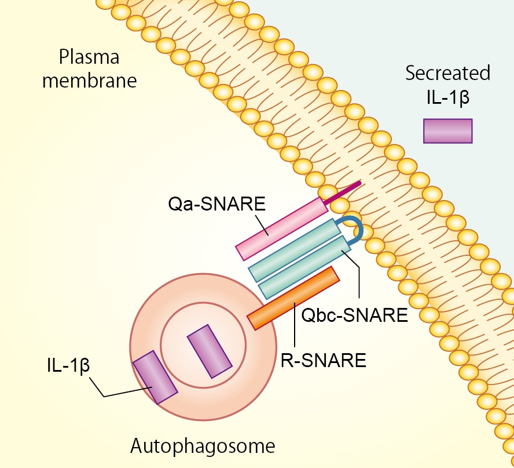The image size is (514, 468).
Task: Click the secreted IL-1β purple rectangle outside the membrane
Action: click(x=447, y=131)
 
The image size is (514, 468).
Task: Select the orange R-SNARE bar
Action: click(x=293, y=298)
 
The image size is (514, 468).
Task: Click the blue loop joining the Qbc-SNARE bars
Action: click(x=354, y=228)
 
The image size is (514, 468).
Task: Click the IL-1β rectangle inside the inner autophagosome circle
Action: click(x=209, y=351)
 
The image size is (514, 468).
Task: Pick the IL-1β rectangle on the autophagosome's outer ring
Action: click(x=155, y=377)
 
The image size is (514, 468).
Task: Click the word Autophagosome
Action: click(x=202, y=446)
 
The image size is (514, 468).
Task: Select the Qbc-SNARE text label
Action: click(x=355, y=315)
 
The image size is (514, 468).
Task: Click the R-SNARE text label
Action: click(x=324, y=360)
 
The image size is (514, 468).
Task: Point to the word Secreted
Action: click(x=447, y=74)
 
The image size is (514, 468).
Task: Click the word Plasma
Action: click(x=89, y=57)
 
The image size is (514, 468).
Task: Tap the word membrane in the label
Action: click(x=89, y=80)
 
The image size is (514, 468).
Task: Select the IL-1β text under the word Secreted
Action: click(x=447, y=96)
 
